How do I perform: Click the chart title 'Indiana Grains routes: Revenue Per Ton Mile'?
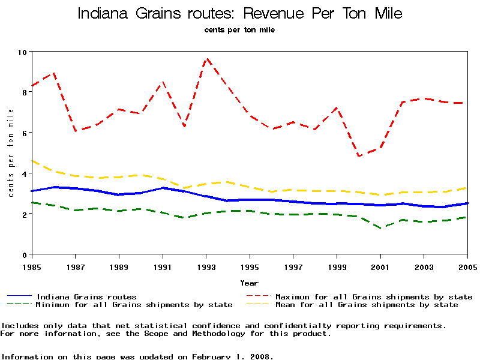[240, 13]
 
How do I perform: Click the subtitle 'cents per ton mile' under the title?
[239, 29]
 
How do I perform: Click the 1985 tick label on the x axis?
[32, 266]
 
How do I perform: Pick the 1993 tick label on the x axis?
[206, 266]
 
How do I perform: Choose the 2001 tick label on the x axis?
[380, 266]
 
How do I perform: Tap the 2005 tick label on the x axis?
[467, 266]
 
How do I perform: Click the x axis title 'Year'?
[250, 283]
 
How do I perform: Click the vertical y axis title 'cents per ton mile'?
[11, 152]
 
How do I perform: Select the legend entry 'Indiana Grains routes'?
[86, 296]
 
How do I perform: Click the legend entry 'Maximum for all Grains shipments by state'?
[374, 296]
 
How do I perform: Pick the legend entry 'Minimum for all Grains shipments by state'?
[134, 305]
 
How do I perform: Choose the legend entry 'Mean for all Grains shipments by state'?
[367, 305]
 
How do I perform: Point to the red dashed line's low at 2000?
[359, 156]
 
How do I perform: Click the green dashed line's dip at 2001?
[380, 228]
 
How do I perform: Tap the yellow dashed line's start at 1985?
[32, 161]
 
